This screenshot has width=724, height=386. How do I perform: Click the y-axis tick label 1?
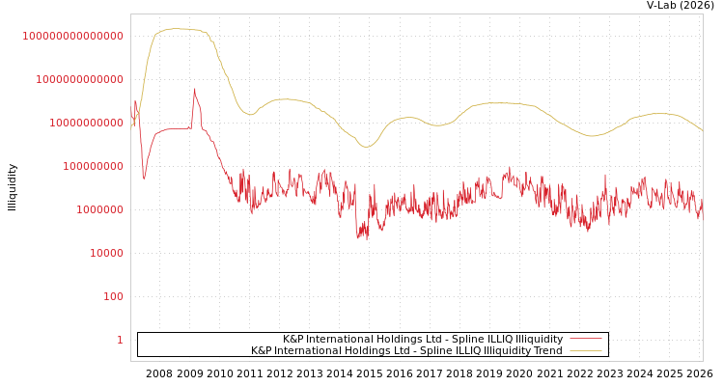coord(120,340)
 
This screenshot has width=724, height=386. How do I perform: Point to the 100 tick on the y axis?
coord(113,296)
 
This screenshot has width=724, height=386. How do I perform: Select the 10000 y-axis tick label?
coord(106,253)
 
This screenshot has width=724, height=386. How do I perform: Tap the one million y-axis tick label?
coord(99,209)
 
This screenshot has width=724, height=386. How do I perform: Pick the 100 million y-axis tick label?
coord(93,166)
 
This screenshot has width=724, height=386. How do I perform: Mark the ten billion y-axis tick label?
coord(86,123)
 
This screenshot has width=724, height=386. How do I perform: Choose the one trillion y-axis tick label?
coord(79,79)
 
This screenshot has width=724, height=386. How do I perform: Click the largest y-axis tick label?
coord(72,36)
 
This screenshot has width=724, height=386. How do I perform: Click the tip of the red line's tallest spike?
coord(195,89)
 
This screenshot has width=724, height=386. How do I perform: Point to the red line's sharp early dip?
coord(144,179)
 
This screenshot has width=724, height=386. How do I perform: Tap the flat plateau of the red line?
coord(174,128)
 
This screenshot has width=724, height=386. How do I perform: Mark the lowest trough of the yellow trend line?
coord(366,147)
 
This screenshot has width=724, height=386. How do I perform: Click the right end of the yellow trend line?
coord(702,130)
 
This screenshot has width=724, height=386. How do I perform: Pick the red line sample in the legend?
coord(585,339)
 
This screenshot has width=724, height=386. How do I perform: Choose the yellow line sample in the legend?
coord(585,350)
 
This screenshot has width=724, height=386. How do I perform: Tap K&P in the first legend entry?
coord(293,339)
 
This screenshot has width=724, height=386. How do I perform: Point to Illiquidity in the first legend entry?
coord(539,339)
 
